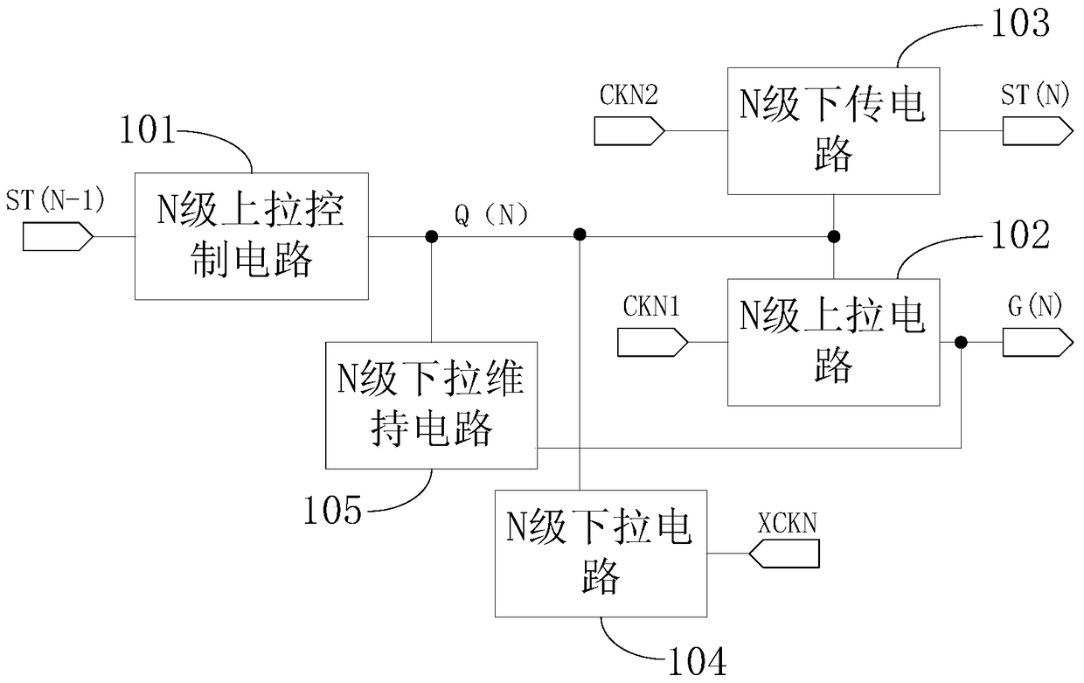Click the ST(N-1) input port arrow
coord(58,237)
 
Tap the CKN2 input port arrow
coord(629,130)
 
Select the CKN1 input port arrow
coord(652,342)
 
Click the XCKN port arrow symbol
coord(784,554)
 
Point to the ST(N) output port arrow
coord(1038,130)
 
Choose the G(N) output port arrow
coord(1038,342)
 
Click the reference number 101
coord(148,129)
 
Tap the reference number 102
coord(1020,234)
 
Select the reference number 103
coord(1020,24)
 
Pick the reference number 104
coord(698,661)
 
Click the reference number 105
coord(332,510)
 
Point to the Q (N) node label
coord(490,215)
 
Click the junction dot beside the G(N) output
coord(961,342)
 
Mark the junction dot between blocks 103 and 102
coord(834,237)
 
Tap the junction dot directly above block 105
coord(432,237)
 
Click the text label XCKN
coord(787,523)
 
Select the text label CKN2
coord(629,94)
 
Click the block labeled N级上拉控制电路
coord(252,236)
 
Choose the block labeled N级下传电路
coord(834,131)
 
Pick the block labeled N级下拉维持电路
coord(431,406)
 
